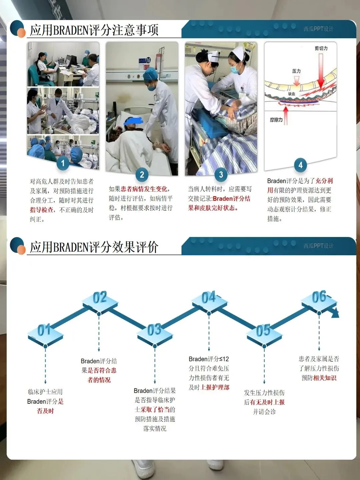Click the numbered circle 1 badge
click(63, 163)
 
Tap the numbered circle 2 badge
click(142, 175)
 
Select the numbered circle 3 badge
click(221, 175)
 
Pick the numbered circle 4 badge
click(301, 165)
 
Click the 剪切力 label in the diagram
click(321, 48)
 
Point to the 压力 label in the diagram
click(296, 71)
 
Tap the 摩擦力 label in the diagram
click(276, 120)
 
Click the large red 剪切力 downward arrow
click(321, 71)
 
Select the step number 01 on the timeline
click(44, 330)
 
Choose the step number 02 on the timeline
click(100, 297)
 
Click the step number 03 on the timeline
click(154, 330)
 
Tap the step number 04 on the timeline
click(209, 297)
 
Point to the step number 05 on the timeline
click(263, 330)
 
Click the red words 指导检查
click(42, 210)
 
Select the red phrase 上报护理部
click(215, 387)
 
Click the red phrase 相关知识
click(325, 378)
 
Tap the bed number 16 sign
click(148, 60)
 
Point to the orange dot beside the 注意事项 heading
click(21, 33)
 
